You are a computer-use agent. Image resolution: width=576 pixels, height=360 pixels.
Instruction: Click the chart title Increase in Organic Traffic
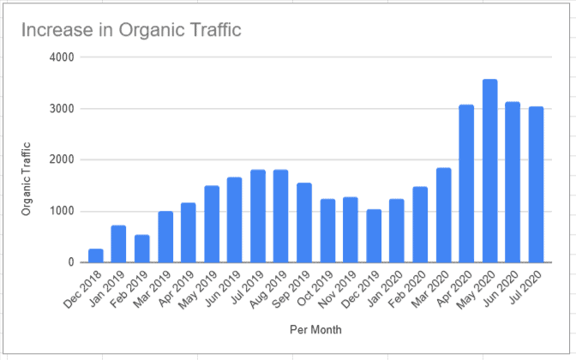[131, 31]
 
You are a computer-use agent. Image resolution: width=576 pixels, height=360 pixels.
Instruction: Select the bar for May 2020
[489, 171]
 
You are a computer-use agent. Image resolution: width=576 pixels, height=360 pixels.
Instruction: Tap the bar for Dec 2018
[95, 255]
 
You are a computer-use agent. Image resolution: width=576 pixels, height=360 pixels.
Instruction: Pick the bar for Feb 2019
[141, 249]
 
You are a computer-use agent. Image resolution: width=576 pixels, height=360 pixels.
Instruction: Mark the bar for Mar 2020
[443, 215]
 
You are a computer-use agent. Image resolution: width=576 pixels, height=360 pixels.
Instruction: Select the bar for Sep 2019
[304, 223]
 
